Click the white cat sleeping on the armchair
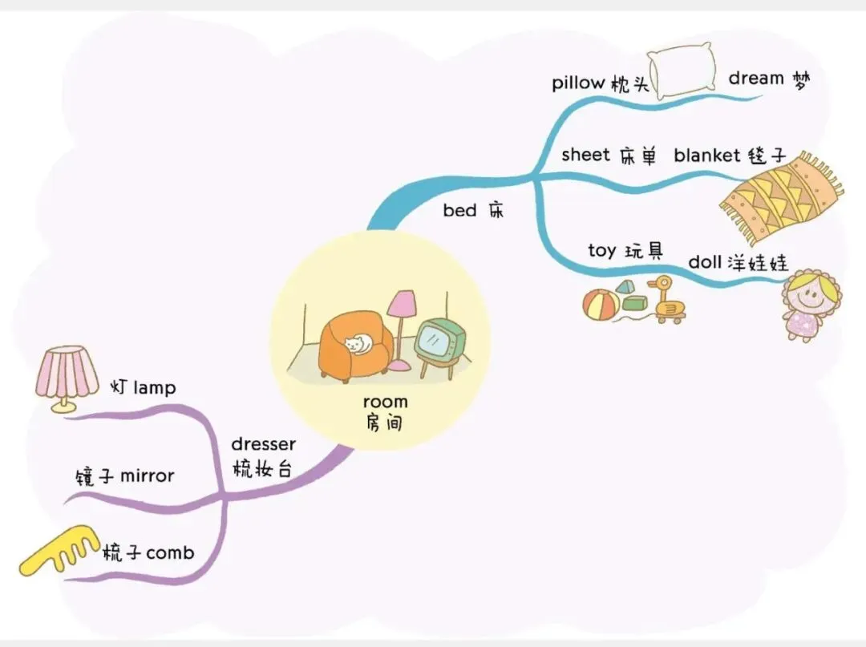pyautogui.click(x=359, y=344)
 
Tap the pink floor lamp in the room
pyautogui.click(x=401, y=305)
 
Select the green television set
pyautogui.click(x=437, y=340)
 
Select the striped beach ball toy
pyautogui.click(x=601, y=305)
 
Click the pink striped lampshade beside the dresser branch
pyautogui.click(x=67, y=371)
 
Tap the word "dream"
pyautogui.click(x=755, y=79)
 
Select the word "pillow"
pyautogui.click(x=578, y=83)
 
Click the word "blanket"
pyautogui.click(x=706, y=156)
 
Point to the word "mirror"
pyautogui.click(x=147, y=476)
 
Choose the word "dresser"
pyautogui.click(x=263, y=444)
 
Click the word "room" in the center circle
pyautogui.click(x=385, y=402)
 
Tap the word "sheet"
pyautogui.click(x=585, y=154)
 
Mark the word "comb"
pyautogui.click(x=170, y=552)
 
